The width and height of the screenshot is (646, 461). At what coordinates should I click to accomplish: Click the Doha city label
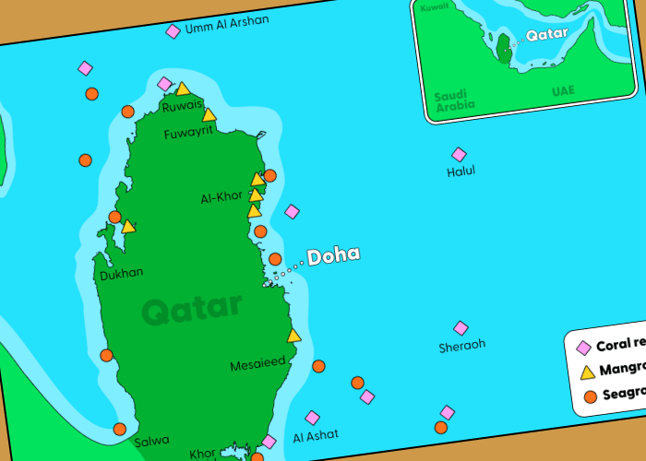click(x=333, y=256)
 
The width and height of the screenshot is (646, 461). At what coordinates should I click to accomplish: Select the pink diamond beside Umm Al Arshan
click(x=173, y=31)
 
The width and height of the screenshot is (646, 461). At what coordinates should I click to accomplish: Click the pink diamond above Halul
click(x=459, y=155)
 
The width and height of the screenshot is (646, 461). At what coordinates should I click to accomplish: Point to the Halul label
click(x=461, y=171)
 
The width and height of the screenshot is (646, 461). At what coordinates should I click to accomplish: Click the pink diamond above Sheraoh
click(x=461, y=328)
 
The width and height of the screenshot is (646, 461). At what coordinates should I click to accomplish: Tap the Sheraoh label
click(x=461, y=346)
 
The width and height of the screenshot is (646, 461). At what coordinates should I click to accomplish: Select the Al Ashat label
click(x=316, y=434)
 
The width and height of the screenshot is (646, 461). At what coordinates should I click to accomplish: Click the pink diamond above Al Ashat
click(x=312, y=418)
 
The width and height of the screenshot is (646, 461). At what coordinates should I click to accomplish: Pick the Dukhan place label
click(x=121, y=273)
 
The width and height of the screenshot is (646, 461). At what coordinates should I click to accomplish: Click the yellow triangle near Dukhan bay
click(x=128, y=226)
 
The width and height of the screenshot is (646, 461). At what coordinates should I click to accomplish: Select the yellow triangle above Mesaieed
click(x=293, y=336)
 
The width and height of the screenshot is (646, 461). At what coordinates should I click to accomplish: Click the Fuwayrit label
click(x=188, y=131)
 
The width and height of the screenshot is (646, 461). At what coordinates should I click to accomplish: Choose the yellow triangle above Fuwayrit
click(x=209, y=115)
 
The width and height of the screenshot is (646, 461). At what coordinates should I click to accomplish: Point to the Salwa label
click(x=151, y=442)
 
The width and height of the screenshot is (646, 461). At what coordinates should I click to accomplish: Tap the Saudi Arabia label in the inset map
click(x=454, y=100)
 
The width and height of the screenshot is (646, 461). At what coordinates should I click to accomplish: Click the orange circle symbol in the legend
click(x=590, y=396)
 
